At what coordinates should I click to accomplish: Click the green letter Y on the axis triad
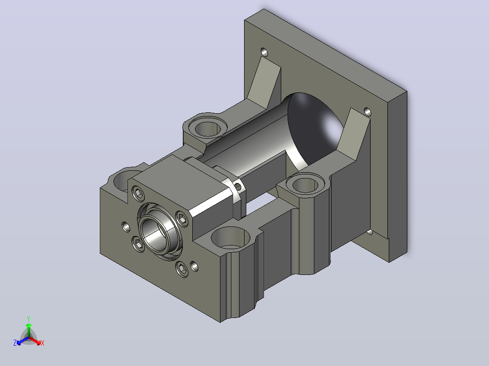29,318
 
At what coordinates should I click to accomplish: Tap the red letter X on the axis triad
43,343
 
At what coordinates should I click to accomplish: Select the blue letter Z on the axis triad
15,343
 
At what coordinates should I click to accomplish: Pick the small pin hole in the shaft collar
238,187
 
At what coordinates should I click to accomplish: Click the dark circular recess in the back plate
315,128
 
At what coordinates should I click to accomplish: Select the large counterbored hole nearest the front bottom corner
230,237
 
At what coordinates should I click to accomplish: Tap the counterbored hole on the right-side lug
306,184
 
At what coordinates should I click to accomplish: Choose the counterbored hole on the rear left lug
208,128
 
